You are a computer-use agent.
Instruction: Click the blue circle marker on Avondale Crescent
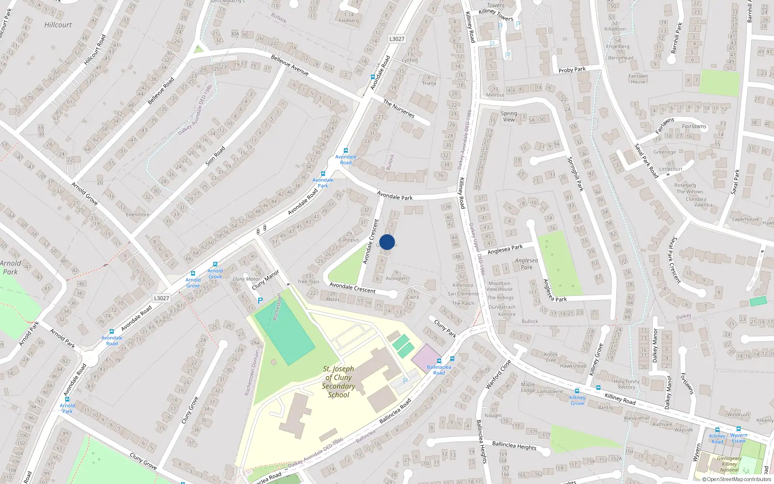tap(387, 242)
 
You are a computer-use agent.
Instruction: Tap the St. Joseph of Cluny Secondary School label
tap(339, 382)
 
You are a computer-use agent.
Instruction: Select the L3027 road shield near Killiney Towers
tap(397, 39)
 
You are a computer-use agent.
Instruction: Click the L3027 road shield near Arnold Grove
tap(161, 298)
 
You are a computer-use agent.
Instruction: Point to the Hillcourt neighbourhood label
tap(58, 25)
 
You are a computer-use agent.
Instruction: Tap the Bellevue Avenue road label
tap(290, 65)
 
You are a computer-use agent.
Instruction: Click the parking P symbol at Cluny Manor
tap(260, 301)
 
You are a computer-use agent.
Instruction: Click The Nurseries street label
tap(399, 109)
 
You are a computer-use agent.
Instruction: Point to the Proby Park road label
tap(572, 70)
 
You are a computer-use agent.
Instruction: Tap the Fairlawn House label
tap(638, 79)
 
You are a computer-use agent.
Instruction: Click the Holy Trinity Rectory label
tap(626, 384)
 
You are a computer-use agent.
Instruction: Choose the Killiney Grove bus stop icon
tap(577, 391)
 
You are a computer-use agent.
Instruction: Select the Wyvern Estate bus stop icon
tap(738, 429)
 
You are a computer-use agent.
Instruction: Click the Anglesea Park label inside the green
tap(526, 264)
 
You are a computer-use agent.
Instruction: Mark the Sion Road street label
tap(215, 156)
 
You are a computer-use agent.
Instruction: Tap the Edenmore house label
tap(137, 215)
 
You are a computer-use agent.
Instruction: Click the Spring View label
tap(509, 117)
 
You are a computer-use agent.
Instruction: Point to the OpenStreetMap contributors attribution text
tap(737, 480)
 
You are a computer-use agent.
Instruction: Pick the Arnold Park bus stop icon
tap(67, 399)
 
